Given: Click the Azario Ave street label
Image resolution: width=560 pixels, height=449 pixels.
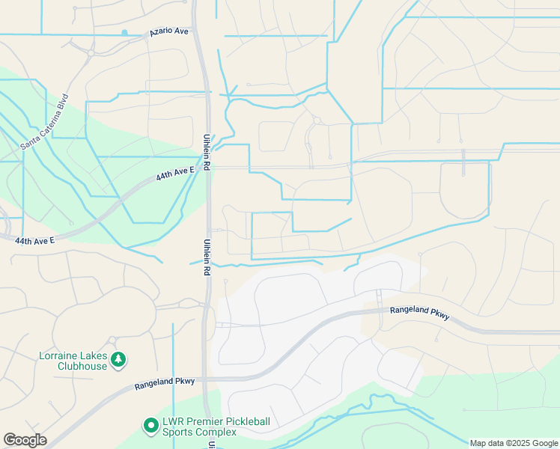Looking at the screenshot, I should pos(169,32).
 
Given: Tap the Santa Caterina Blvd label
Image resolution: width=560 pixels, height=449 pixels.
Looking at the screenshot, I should pos(45,120).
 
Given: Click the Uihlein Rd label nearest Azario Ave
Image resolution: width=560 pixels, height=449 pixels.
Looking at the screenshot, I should pos(207,153).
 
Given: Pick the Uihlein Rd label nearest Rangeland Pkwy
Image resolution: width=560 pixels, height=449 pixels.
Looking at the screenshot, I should pos(207,257).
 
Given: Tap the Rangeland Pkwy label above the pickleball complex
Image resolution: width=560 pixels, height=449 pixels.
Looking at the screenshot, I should pos(165,382).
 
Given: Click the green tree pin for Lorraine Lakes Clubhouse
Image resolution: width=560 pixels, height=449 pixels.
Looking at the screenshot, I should pos(118,361).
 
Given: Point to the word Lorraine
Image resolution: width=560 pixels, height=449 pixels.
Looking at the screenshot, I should pos(58,355).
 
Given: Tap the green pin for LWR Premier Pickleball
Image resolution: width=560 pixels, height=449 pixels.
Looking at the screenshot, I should pos(150,426).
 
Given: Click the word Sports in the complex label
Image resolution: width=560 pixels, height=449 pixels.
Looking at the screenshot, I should pos(182,433).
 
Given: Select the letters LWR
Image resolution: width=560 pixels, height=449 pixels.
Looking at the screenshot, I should pos(173,421).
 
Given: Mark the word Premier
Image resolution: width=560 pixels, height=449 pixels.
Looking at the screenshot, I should pos(202,421).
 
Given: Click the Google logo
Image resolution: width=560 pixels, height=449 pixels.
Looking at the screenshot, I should pos(25,440).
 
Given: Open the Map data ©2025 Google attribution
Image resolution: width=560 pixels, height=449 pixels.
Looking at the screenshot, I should pos(514,443).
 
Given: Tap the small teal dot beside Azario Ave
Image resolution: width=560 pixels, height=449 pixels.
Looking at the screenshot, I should pos(124,32).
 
